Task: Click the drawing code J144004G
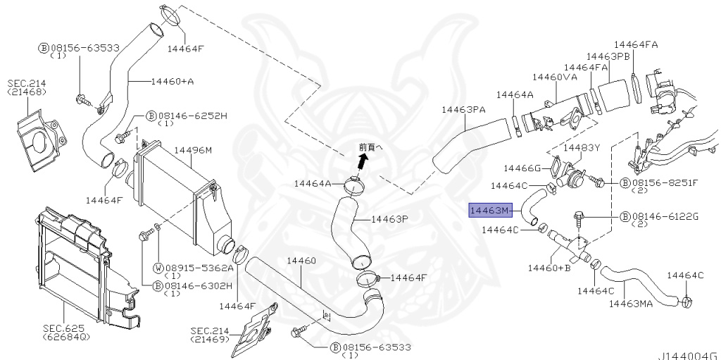pos(689,354)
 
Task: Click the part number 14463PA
pos(463,109)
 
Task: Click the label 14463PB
pos(608,56)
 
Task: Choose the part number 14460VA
pos(555,77)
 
